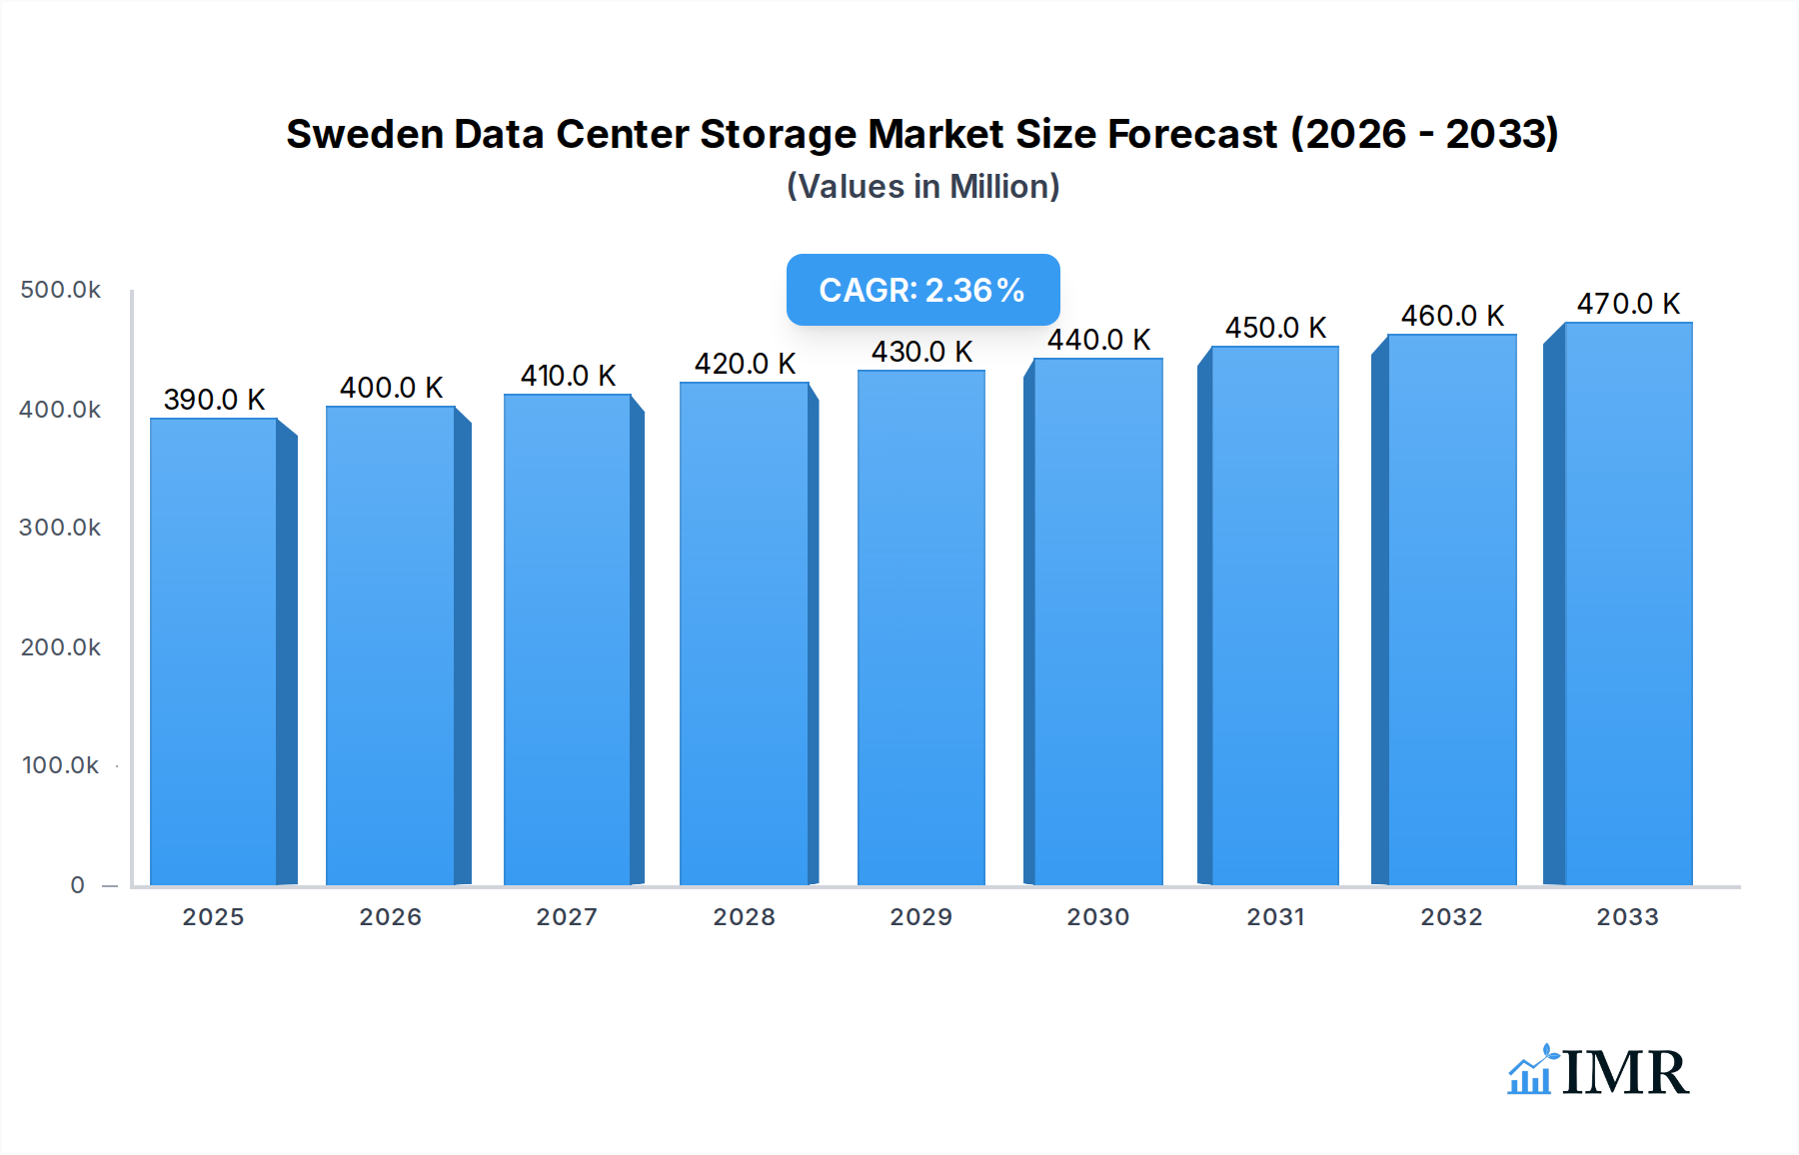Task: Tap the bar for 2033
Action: click(x=1627, y=603)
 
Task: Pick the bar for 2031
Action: click(x=1274, y=615)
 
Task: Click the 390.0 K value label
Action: click(x=214, y=400)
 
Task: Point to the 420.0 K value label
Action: click(x=745, y=364)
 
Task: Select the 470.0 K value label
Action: click(x=1628, y=304)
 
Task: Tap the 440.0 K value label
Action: click(x=1098, y=340)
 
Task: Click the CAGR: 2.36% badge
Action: click(x=922, y=290)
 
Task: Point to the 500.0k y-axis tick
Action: click(x=60, y=290)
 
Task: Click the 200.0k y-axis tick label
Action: click(x=60, y=647)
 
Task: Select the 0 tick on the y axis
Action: click(x=77, y=885)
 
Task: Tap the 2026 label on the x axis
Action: click(x=390, y=917)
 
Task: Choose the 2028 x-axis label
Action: click(x=744, y=917)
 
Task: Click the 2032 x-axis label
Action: click(x=1451, y=917)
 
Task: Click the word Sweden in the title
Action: click(x=364, y=134)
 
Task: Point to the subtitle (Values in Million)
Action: click(x=922, y=187)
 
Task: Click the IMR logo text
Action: click(x=1624, y=1072)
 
